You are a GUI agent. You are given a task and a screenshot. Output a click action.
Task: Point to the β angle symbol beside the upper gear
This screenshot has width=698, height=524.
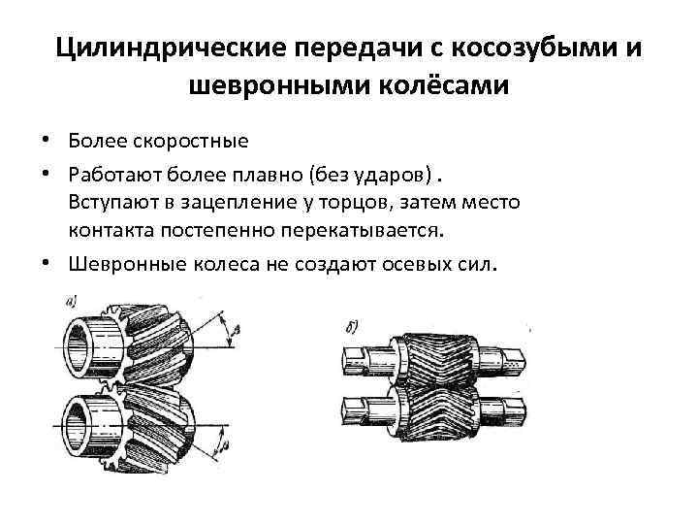[x=236, y=332]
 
